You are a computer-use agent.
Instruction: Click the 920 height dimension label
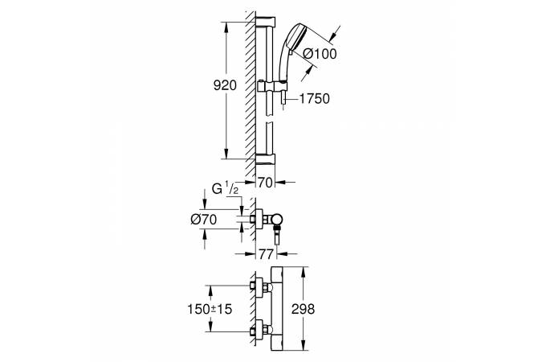(225, 85)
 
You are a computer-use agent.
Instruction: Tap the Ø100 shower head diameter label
(320, 54)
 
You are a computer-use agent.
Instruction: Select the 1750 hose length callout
(315, 99)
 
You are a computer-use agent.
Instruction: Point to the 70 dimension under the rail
(265, 183)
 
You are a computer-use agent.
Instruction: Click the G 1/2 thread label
(225, 189)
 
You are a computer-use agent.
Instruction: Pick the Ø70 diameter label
(204, 220)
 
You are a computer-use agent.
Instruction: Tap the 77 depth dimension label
(266, 254)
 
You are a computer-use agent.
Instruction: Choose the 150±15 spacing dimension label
(210, 309)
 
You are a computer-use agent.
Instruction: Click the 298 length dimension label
(304, 309)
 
